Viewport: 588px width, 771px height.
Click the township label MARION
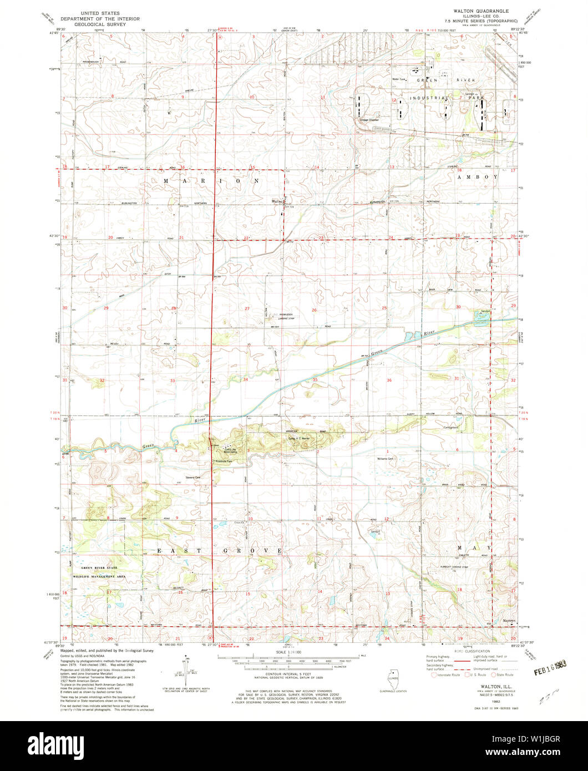click(211, 181)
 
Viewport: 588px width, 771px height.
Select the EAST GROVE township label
click(220, 550)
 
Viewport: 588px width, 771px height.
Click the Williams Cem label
click(385, 459)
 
